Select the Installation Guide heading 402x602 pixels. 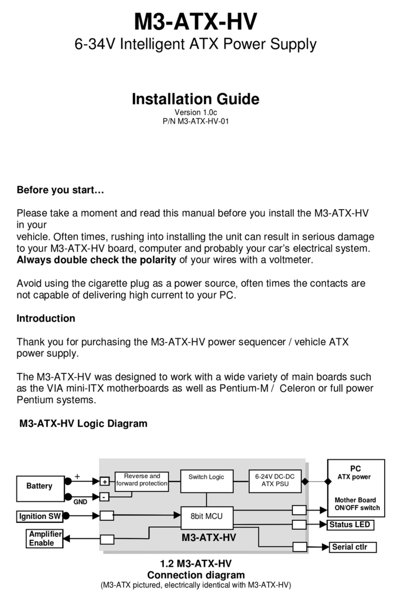click(x=195, y=99)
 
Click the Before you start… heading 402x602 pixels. click(x=60, y=190)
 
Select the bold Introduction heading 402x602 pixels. click(x=46, y=318)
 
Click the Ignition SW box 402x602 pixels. click(x=40, y=516)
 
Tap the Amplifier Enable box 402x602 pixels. click(x=45, y=539)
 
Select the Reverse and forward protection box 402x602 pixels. click(x=142, y=480)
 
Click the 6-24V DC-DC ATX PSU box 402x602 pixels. click(x=275, y=481)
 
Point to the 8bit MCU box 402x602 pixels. click(x=206, y=516)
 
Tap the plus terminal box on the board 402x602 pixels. click(x=104, y=482)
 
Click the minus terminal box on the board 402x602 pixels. click(x=104, y=497)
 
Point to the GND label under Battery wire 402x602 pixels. click(x=81, y=502)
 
